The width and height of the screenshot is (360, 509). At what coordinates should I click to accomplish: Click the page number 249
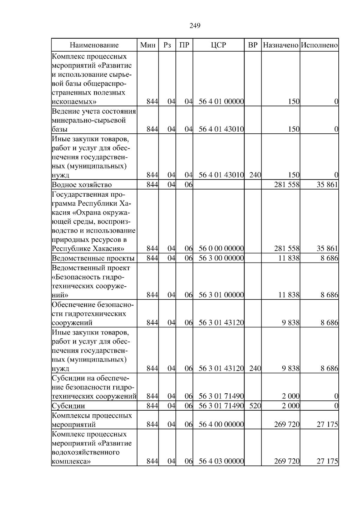[x=195, y=25]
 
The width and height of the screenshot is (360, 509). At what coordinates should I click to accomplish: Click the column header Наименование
[x=94, y=45]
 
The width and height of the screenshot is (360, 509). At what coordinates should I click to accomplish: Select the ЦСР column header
[x=218, y=45]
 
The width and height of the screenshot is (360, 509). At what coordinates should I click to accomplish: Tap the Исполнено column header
[x=319, y=45]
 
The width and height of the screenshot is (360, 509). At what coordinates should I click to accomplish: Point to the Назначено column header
[x=280, y=45]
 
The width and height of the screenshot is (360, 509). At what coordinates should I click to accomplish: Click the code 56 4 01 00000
[x=221, y=102]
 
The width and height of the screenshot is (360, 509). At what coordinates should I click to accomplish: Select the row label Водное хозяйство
[x=82, y=185]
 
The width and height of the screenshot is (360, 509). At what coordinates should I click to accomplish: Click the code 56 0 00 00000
[x=221, y=249]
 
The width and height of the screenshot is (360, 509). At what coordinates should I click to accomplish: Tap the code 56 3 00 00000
[x=221, y=258]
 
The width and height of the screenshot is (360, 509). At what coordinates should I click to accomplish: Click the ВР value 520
[x=255, y=406]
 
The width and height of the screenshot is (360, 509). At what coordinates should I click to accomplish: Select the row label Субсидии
[x=68, y=406]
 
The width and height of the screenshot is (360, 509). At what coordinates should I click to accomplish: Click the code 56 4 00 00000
[x=221, y=424]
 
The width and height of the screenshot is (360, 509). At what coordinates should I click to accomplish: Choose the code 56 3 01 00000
[x=221, y=295]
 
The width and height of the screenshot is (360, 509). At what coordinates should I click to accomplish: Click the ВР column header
[x=253, y=45]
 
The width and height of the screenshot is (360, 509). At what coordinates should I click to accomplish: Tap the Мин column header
[x=148, y=45]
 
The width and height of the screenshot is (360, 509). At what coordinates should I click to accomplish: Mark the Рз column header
[x=167, y=45]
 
